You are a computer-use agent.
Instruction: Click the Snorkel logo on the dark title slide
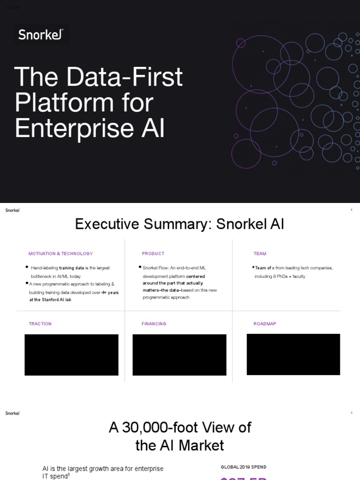click(41, 34)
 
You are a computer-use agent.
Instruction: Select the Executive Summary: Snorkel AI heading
click(180, 224)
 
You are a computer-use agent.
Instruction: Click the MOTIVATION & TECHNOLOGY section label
click(60, 254)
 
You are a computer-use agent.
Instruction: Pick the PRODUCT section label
click(153, 254)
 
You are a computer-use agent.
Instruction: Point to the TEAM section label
click(260, 254)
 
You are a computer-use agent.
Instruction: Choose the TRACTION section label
click(40, 324)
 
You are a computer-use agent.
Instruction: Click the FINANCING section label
click(154, 324)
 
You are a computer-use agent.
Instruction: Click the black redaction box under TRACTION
click(71, 355)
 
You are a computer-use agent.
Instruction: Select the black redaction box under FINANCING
click(180, 355)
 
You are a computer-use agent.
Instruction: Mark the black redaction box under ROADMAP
click(293, 354)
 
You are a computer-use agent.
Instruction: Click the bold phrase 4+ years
click(110, 292)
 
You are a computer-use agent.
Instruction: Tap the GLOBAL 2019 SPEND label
click(243, 467)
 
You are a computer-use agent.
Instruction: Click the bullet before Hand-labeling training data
click(27, 267)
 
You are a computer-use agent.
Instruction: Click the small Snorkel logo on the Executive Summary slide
click(12, 210)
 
